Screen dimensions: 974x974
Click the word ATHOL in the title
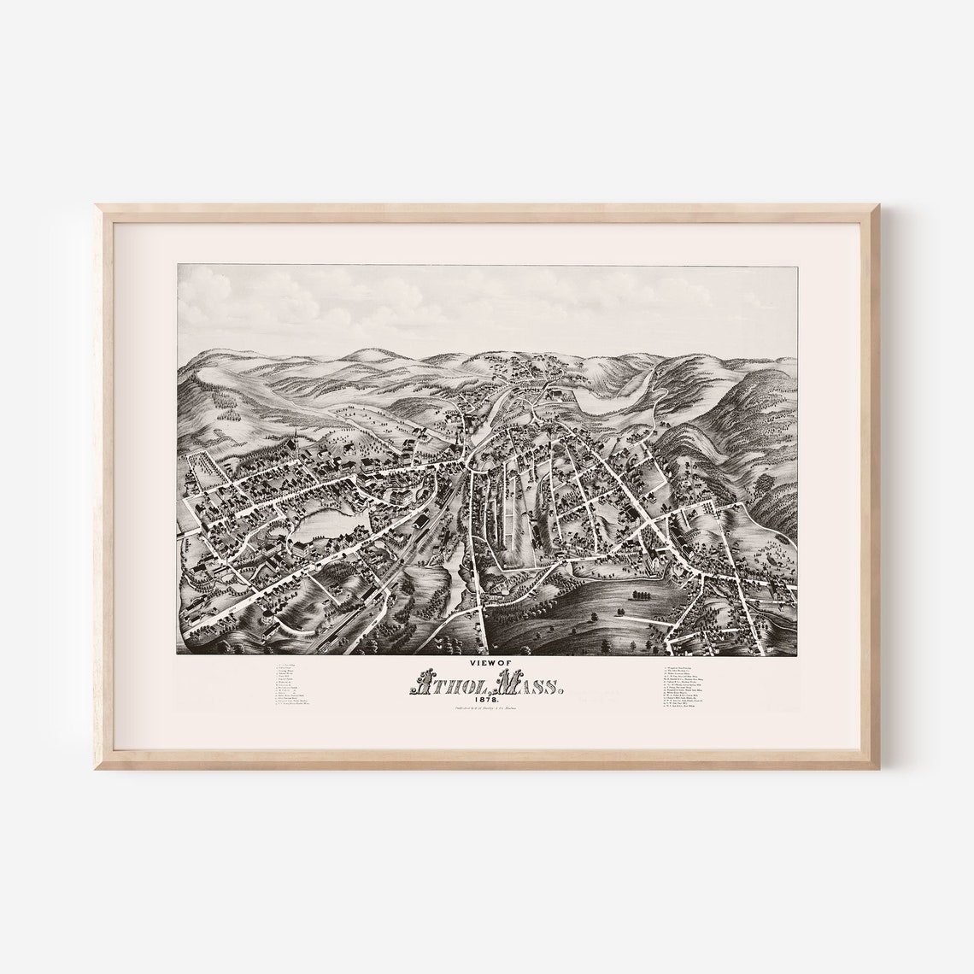pyautogui.click(x=446, y=683)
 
